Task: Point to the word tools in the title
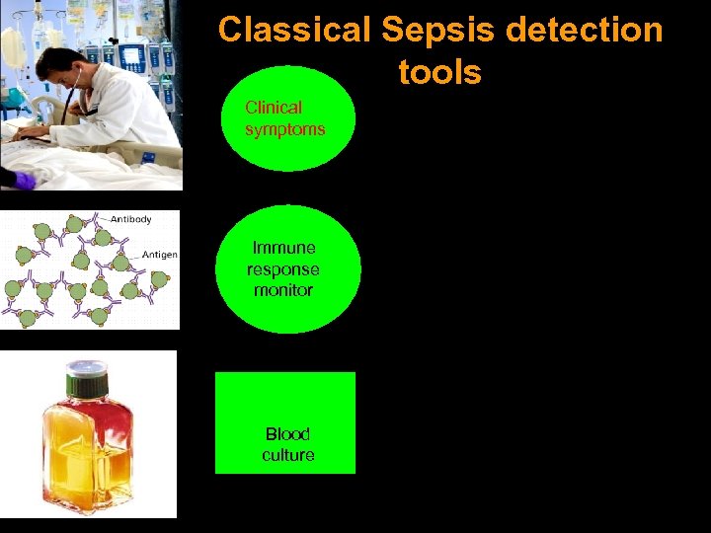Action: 439,72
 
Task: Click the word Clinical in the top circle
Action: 274,108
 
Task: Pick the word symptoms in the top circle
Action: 285,129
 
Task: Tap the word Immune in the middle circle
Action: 284,248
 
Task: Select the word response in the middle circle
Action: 283,268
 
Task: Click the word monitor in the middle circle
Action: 283,290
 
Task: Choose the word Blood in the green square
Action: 287,433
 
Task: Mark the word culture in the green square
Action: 287,455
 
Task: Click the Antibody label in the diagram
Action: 130,219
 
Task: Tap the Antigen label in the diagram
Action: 160,255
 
